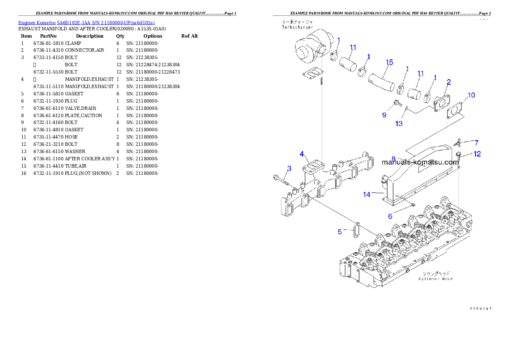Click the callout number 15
[389, 62]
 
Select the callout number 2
[448, 82]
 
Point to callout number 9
[384, 115]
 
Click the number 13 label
[399, 124]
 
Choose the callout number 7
[476, 142]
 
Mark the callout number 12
[477, 154]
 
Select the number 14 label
[367, 195]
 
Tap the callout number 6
[390, 216]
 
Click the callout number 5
[340, 232]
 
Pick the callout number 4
[302, 153]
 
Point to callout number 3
[289, 168]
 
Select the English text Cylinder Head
[435, 279]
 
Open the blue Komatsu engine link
[86, 22]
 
